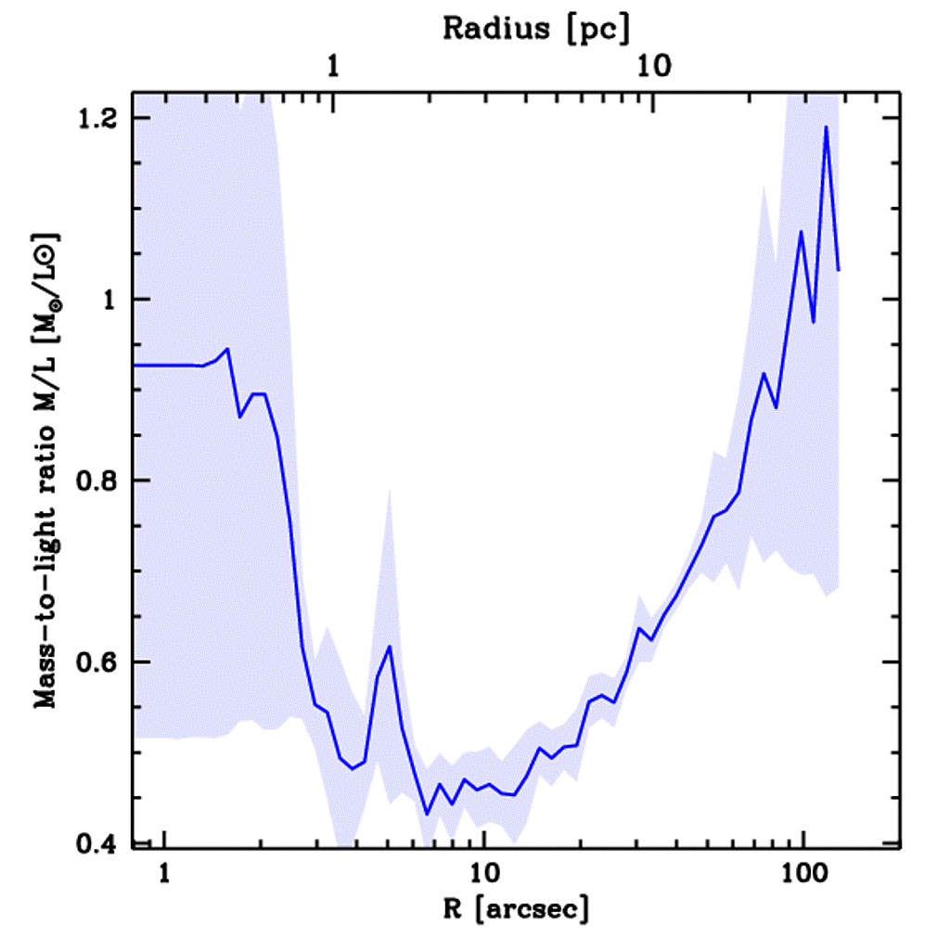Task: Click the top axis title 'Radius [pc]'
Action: point(535,28)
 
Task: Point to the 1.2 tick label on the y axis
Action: point(100,118)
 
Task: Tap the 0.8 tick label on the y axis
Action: point(100,481)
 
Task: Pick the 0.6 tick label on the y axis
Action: point(100,662)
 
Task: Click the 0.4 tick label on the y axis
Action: point(100,843)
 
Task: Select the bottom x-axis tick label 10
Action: point(482,873)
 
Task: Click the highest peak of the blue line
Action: point(826,127)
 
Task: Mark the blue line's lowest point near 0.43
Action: point(427,814)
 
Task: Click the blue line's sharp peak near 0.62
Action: point(391,646)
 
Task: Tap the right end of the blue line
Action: point(839,270)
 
